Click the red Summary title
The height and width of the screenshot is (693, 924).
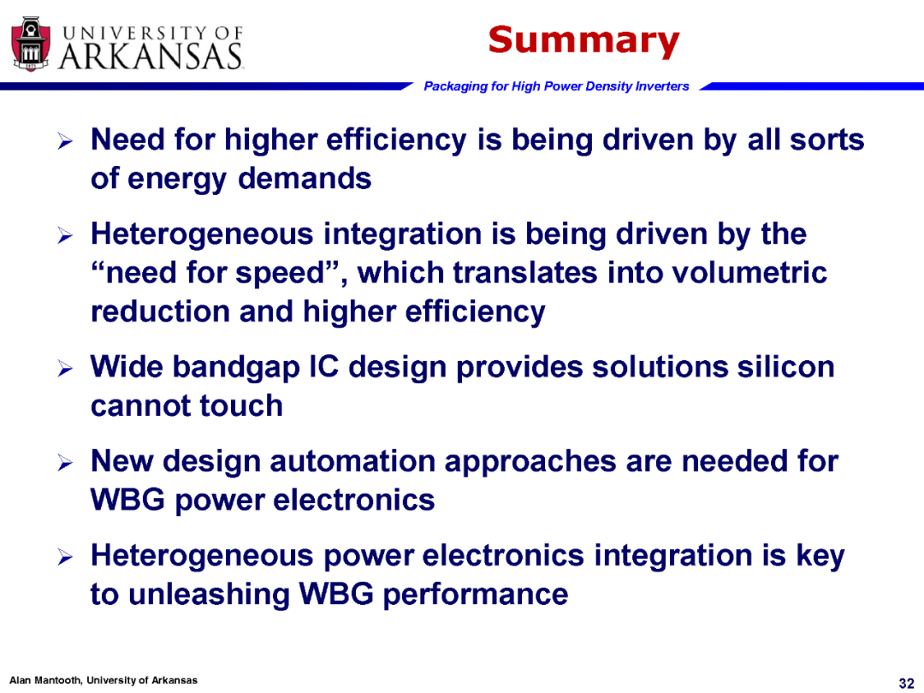click(x=583, y=40)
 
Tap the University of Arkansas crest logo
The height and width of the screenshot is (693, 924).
click(x=32, y=44)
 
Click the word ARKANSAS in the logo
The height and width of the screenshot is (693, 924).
click(x=151, y=56)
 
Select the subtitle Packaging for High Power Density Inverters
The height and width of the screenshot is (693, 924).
click(x=556, y=86)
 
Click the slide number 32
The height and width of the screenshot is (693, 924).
click(x=906, y=683)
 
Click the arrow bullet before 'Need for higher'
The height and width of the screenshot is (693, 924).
click(x=65, y=141)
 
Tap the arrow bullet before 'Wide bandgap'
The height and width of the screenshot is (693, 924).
click(x=65, y=369)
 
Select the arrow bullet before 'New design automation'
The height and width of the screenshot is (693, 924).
click(x=65, y=463)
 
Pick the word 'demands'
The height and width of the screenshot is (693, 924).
click(x=305, y=178)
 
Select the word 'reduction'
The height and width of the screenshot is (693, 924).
click(x=160, y=311)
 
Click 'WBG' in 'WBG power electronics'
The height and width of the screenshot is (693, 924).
click(x=127, y=500)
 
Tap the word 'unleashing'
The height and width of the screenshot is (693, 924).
click(x=210, y=594)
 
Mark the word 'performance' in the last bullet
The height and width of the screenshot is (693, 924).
click(x=476, y=595)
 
